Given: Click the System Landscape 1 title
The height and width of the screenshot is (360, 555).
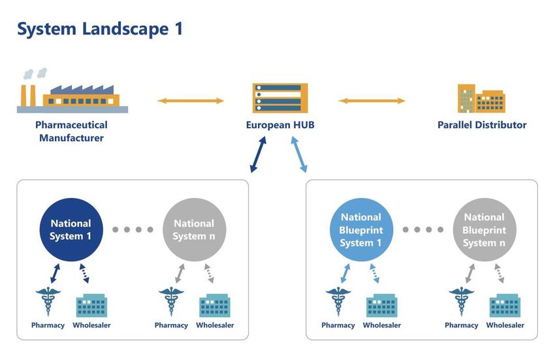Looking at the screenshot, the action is (100, 29).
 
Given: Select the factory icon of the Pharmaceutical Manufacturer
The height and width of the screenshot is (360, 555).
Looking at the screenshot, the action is (72, 91).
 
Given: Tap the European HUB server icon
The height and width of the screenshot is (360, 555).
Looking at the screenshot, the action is (280, 98).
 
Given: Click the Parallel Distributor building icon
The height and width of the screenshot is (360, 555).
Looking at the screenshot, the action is (481, 98).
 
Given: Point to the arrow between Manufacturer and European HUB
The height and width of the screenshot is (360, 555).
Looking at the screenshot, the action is (191, 101).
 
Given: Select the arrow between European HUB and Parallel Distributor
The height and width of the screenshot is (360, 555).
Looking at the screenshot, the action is (372, 101).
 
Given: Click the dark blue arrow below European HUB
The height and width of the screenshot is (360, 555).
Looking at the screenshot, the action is (258, 154).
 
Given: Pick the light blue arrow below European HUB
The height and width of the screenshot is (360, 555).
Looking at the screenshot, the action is (299, 154).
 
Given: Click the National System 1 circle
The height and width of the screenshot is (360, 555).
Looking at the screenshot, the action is (71, 229).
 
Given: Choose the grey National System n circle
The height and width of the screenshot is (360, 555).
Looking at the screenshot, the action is (195, 229).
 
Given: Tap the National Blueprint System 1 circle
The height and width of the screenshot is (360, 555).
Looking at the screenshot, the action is (361, 229).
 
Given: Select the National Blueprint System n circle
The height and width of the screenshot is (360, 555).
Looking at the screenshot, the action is (484, 229).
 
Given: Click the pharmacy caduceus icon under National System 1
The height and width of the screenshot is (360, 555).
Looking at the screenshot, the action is (48, 301).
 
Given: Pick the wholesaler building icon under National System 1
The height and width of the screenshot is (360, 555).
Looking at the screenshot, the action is (91, 305).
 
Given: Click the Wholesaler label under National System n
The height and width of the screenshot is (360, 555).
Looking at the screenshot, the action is (215, 325).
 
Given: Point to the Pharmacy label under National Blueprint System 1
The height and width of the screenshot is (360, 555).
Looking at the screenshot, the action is (338, 325).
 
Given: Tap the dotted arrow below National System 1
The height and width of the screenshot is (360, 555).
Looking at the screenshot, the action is (84, 273).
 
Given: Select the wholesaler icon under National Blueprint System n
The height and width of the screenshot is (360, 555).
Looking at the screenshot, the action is (505, 305).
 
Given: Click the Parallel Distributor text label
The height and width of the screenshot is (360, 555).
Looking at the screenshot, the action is (482, 125).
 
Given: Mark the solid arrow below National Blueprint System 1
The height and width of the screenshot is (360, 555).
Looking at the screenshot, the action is (345, 273).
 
